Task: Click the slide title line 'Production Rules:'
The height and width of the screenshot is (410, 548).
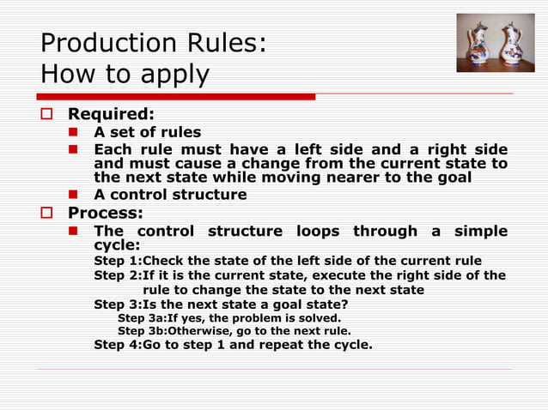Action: (x=153, y=43)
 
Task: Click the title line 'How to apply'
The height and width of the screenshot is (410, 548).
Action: (x=125, y=75)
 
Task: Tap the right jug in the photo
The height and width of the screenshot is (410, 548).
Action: (x=512, y=43)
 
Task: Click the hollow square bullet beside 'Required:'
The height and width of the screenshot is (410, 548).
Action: (x=48, y=114)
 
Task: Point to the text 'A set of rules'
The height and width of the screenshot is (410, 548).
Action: (x=147, y=132)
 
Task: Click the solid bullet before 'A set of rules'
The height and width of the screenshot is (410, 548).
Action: (x=75, y=132)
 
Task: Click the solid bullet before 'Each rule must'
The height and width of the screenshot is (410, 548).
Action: (x=75, y=150)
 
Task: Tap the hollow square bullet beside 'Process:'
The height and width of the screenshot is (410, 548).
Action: (x=48, y=214)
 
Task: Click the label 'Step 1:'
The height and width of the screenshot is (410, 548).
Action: (x=116, y=261)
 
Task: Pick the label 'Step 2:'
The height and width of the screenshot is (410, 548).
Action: (x=116, y=275)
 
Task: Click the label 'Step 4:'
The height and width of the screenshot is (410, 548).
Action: (x=116, y=345)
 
